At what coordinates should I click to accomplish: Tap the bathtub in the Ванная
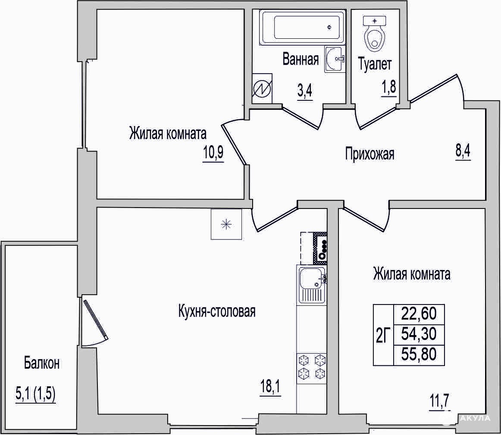click(x=302, y=28)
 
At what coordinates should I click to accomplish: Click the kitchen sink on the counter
click(x=312, y=285)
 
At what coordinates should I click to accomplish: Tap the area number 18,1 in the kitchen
click(x=271, y=388)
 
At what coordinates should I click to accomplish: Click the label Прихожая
click(x=369, y=154)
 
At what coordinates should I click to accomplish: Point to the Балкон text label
click(x=42, y=363)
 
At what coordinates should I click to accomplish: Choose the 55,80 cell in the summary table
click(x=419, y=354)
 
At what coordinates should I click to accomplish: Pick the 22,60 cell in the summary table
click(x=419, y=314)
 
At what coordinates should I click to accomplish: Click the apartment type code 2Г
click(x=383, y=336)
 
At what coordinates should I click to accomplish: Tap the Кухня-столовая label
click(x=217, y=311)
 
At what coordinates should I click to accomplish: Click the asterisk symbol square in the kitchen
click(x=226, y=224)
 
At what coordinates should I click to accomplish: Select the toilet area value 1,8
click(x=388, y=87)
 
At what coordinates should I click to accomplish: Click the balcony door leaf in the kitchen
click(x=96, y=319)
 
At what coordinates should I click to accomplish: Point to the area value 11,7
click(x=440, y=400)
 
